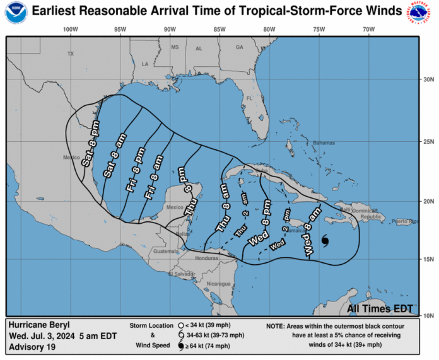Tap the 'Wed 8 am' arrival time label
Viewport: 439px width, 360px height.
point(313,230)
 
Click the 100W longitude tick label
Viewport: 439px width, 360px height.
point(71,30)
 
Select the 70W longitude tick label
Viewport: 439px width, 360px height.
point(369,30)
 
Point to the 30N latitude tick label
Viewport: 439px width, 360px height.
point(428,79)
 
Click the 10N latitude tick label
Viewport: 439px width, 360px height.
point(428,315)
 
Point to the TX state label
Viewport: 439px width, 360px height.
point(71,54)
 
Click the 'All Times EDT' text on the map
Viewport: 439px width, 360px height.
point(380,309)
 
